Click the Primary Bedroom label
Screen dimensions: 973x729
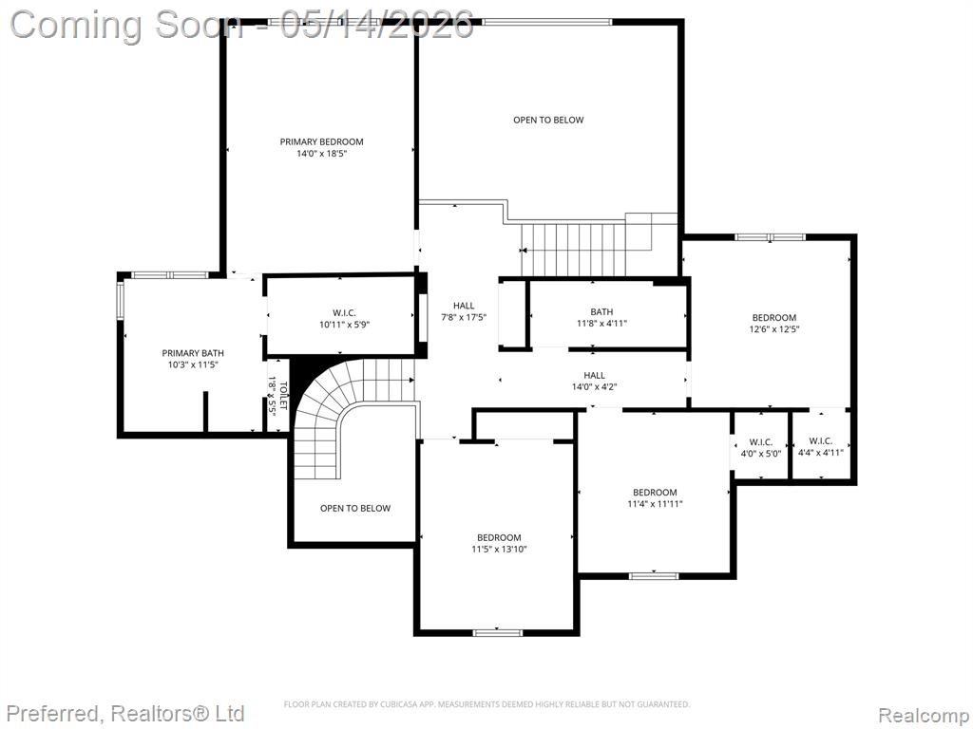(321, 142)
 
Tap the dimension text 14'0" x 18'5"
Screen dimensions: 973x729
(321, 153)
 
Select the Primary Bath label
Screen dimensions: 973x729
(193, 353)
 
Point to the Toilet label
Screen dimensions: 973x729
(283, 396)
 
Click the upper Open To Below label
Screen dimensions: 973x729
(548, 121)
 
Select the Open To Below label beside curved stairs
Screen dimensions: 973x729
(355, 509)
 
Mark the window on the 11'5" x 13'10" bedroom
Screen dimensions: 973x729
(498, 633)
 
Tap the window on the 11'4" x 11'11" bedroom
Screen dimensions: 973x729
(654, 576)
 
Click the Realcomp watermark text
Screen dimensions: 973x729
(925, 715)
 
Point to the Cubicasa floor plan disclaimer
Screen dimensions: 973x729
(486, 704)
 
